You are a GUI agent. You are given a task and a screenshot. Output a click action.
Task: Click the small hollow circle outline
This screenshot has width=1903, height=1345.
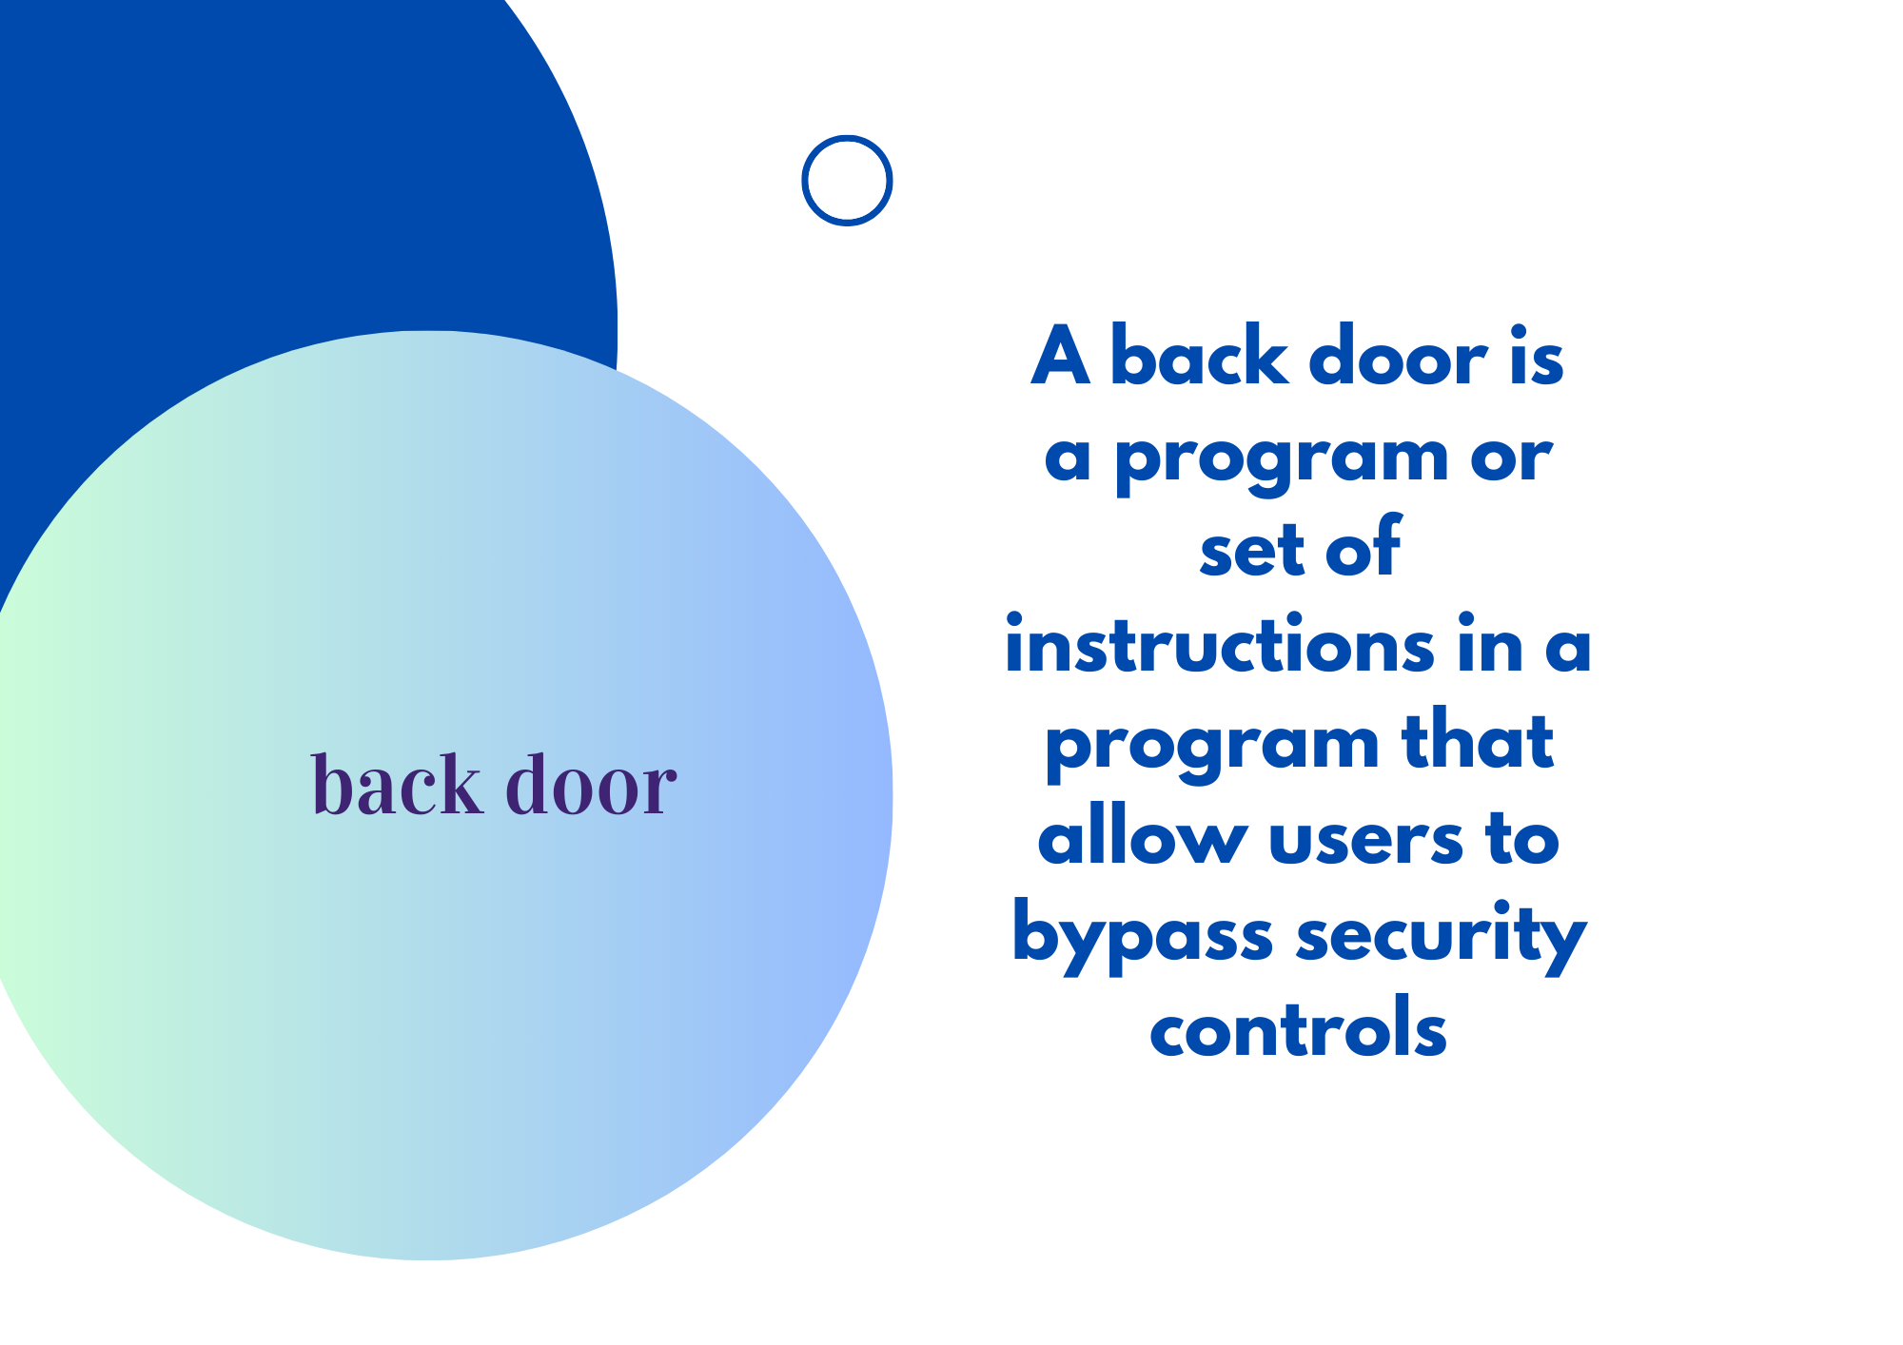(x=803, y=181)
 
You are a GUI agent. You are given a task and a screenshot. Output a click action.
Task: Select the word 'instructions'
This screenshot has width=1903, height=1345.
(x=1219, y=643)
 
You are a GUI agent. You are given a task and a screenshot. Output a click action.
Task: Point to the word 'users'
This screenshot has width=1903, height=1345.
(x=1365, y=841)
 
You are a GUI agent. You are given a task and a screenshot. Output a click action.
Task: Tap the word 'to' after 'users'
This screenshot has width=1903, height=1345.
(x=1522, y=837)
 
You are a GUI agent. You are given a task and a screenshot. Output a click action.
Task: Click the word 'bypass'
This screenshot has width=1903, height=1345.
(x=1142, y=936)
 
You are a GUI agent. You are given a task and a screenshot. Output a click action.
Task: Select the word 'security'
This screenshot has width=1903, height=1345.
(x=1441, y=936)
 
